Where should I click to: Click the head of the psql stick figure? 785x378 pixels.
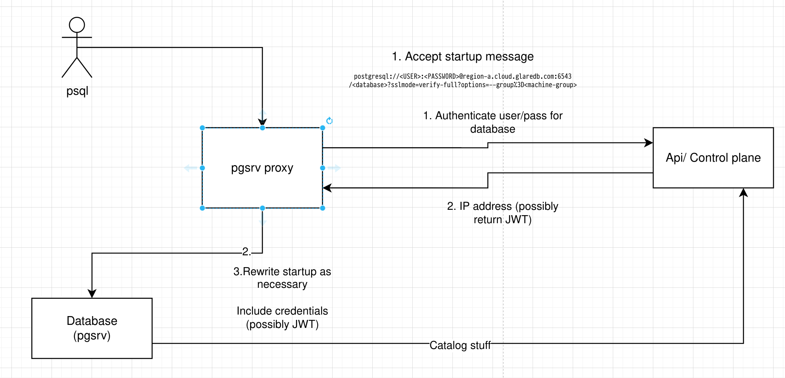[x=77, y=25]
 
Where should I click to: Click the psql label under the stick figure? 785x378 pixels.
[x=77, y=91]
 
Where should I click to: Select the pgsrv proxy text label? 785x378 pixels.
[x=262, y=168]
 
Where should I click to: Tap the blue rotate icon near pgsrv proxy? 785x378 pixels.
[x=330, y=121]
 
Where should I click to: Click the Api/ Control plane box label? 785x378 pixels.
[x=713, y=157]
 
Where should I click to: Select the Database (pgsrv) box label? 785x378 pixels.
[x=92, y=328]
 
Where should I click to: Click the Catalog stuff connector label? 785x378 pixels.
[x=460, y=345]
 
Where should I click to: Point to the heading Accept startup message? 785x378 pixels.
[x=462, y=57]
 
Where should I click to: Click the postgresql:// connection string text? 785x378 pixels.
[x=462, y=81]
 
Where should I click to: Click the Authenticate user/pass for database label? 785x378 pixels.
[x=493, y=122]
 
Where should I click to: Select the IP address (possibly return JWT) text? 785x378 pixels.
[x=502, y=213]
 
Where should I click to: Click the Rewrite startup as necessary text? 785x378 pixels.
[x=282, y=278]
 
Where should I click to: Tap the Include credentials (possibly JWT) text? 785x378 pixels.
[x=282, y=318]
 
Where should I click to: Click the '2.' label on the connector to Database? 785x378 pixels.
[x=247, y=251]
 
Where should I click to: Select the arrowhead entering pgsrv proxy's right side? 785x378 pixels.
[x=327, y=188]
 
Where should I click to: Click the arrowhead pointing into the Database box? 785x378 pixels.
[x=92, y=294]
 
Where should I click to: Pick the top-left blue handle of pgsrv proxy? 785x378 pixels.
[x=202, y=128]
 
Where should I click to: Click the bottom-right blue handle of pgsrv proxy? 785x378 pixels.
[x=323, y=208]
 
